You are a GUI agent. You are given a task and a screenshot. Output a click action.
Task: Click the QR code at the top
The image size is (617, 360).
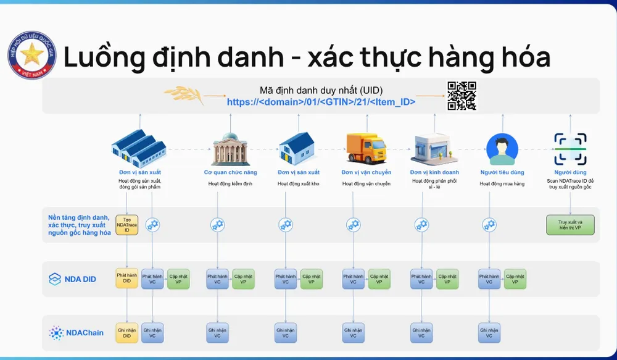coord(462,96)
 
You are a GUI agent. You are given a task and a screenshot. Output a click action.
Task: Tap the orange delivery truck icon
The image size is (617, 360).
coord(366,149)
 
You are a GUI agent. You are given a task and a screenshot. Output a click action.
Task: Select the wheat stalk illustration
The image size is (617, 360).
coord(183,96)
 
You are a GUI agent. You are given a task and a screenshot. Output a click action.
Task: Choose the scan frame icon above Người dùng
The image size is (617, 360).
coord(570,149)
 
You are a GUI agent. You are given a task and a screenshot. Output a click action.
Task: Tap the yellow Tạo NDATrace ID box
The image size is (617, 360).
coord(126,224)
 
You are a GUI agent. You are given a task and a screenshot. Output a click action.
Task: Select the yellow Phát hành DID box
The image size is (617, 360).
coord(126,278)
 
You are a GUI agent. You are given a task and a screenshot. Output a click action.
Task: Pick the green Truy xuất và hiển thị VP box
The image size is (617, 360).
coord(570,224)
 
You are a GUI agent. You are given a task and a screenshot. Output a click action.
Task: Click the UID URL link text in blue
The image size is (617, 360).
coord(321,103)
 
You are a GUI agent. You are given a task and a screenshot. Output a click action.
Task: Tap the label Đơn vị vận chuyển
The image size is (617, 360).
coord(366,172)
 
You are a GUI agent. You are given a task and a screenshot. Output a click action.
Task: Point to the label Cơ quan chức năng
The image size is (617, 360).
coord(230,172)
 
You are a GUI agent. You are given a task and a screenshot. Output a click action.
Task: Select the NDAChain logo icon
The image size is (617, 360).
coord(56,333)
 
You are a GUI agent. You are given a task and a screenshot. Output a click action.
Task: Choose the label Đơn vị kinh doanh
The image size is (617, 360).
coord(434,172)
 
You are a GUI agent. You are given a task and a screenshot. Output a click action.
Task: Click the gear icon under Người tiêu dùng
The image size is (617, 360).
coord(489,225)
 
